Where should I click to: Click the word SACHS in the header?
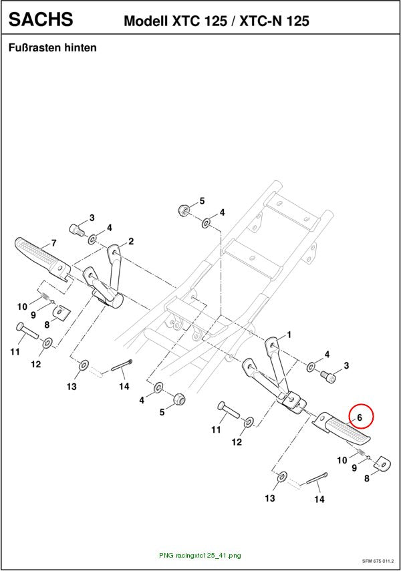(41, 19)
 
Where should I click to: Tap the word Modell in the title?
(146, 21)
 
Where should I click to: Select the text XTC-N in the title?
(261, 21)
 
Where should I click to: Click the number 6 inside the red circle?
(360, 417)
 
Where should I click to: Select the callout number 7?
(53, 243)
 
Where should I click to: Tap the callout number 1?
(289, 335)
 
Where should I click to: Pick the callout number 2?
(131, 241)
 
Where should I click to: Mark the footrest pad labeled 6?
(343, 429)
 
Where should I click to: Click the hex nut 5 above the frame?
(182, 210)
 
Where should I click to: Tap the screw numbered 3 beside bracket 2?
(76, 230)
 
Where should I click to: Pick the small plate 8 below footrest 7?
(61, 313)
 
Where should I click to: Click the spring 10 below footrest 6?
(360, 453)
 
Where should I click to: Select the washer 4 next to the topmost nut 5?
(207, 222)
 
